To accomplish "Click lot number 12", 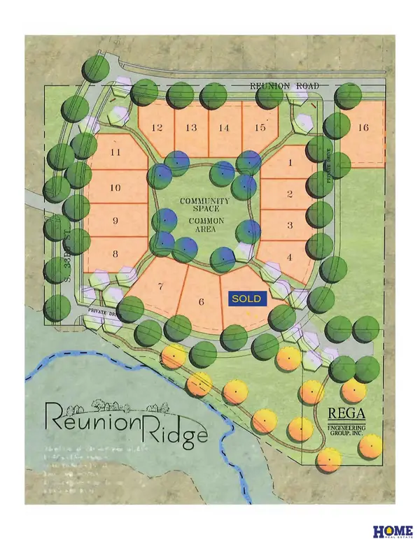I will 157,128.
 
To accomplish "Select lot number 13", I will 190,128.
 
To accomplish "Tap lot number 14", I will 224,128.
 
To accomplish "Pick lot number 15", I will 260,128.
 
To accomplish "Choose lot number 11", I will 116,153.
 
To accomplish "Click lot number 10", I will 116,187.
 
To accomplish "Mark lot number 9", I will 116,221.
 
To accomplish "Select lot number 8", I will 116,254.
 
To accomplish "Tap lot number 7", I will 161,287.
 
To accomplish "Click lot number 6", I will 201,302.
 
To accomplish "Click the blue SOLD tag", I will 247,299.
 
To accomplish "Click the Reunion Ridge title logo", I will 125,422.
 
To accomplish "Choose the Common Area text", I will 201,222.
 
